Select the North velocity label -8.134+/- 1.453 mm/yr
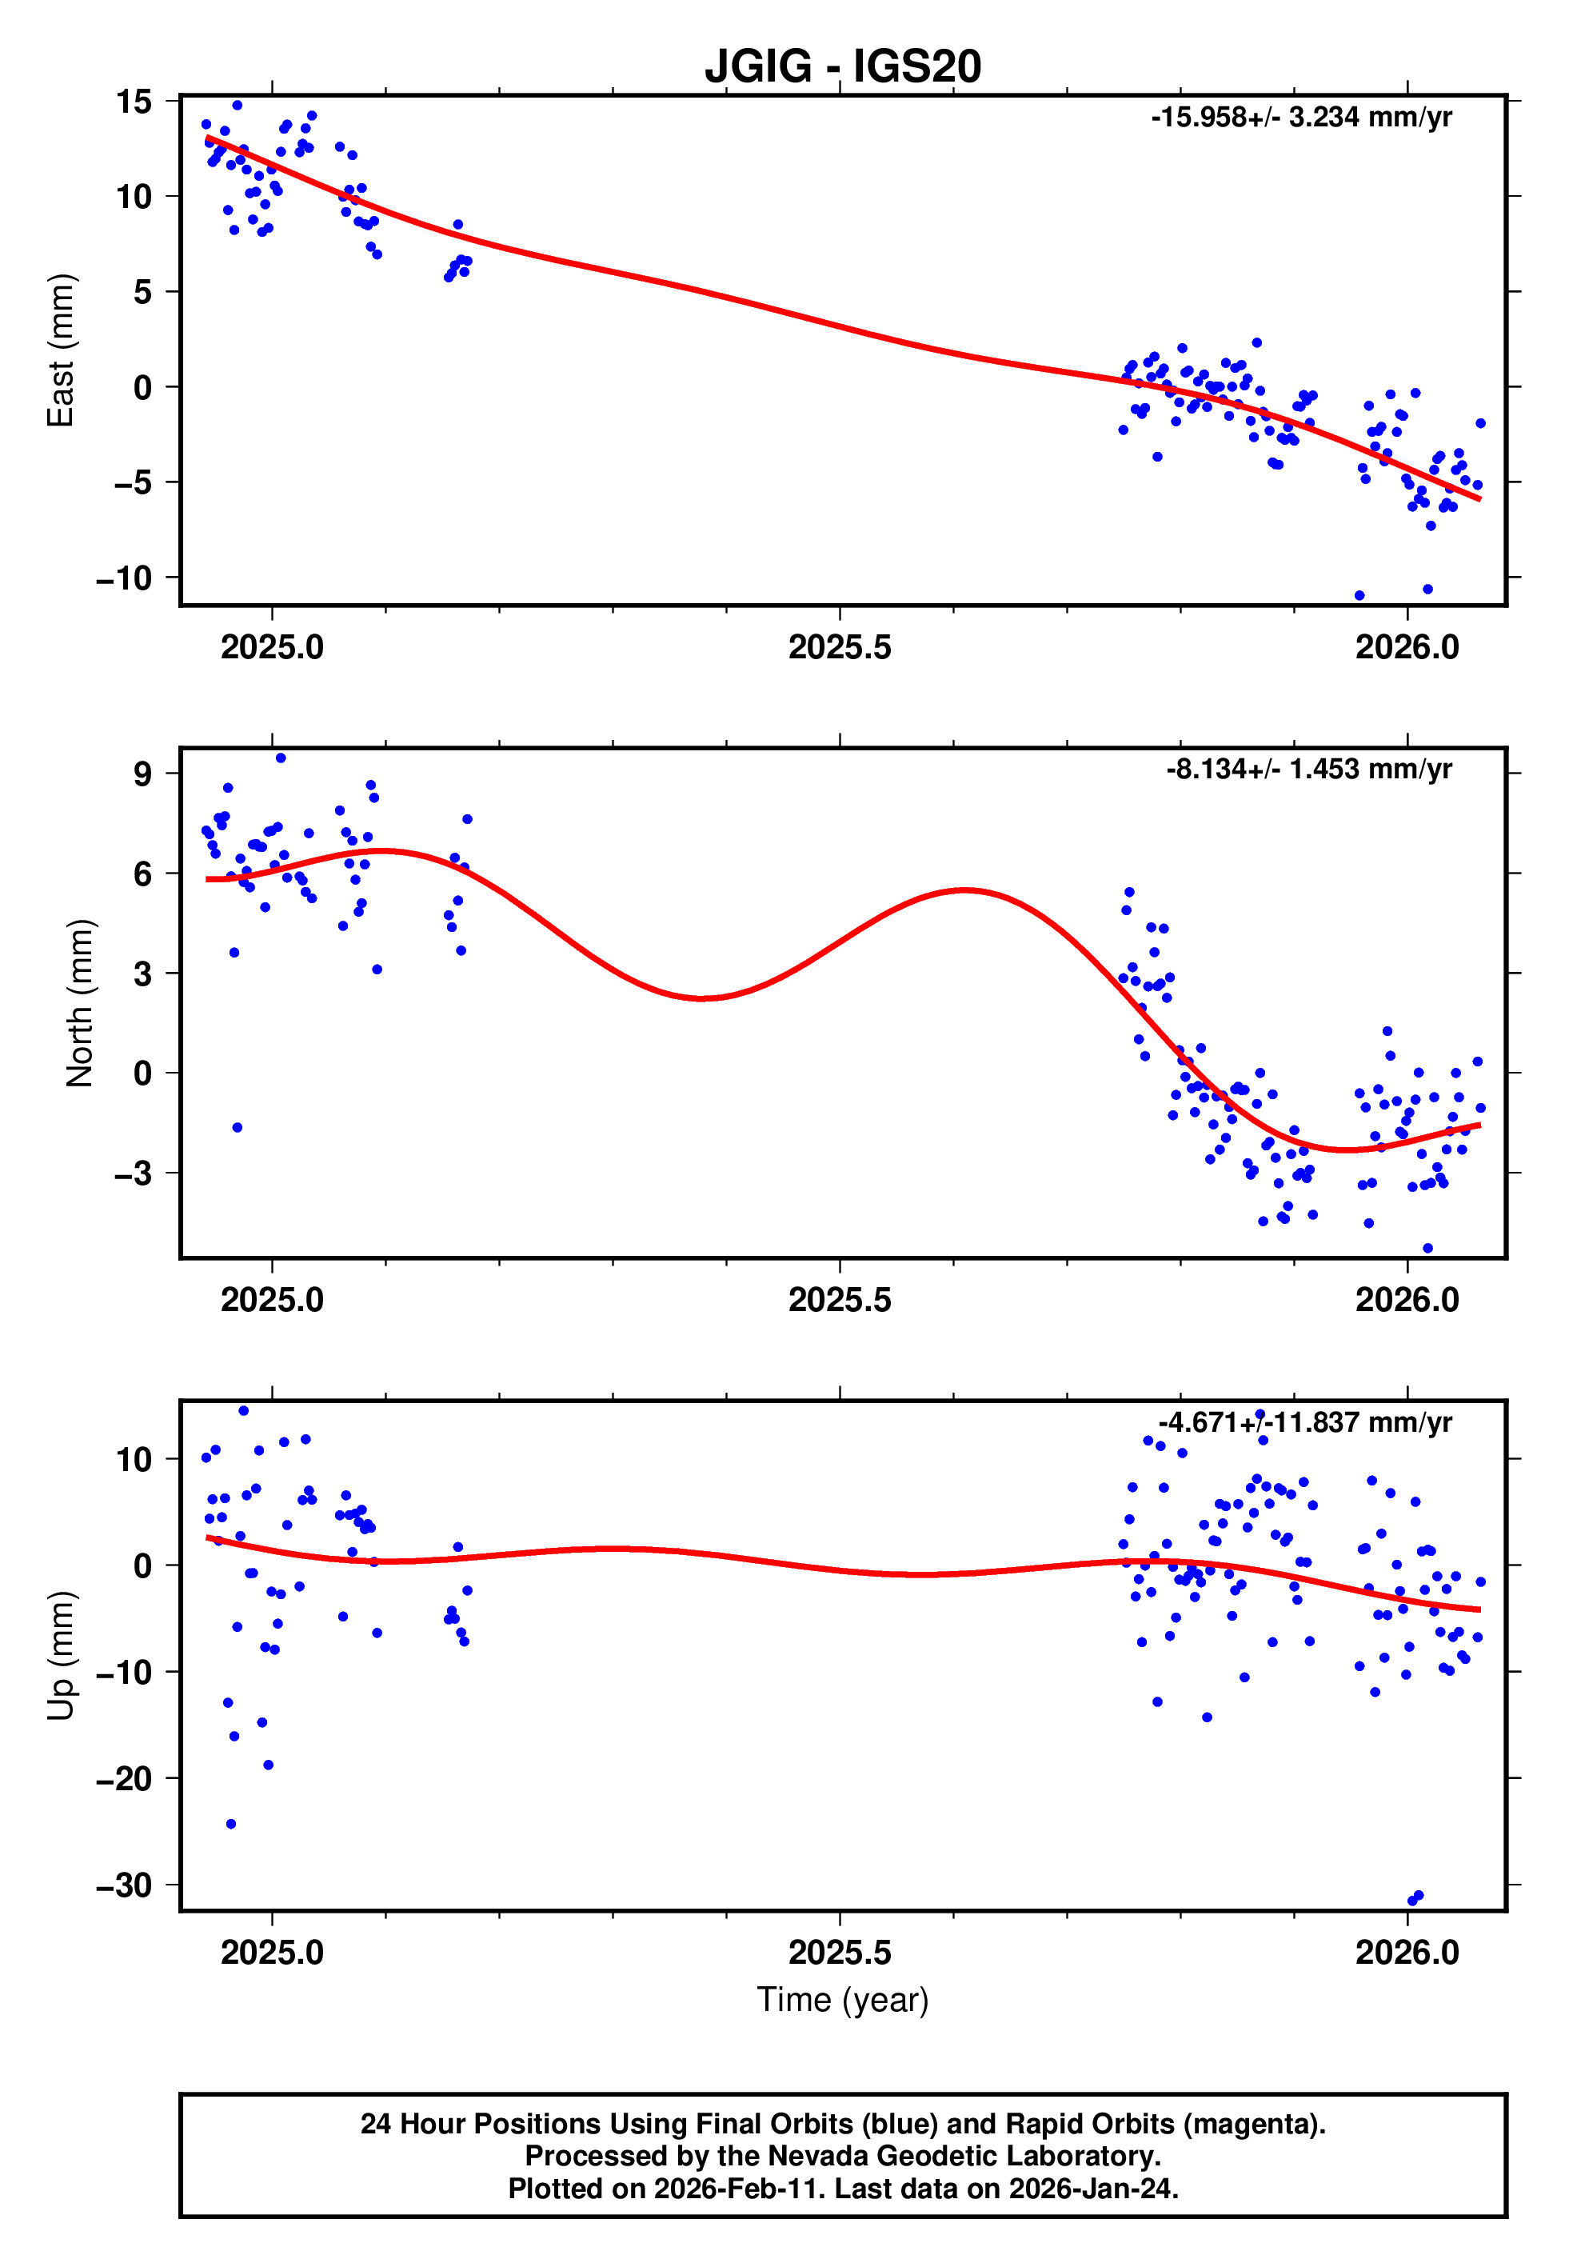[1308, 769]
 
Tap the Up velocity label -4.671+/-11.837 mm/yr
[1304, 1422]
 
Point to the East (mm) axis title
[61, 350]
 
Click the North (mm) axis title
[80, 1003]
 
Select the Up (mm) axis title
[61, 1654]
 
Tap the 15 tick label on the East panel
[134, 102]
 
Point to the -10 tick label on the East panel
[124, 578]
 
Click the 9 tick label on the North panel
[143, 774]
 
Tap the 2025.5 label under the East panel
[840, 647]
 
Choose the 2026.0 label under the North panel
[1407, 1300]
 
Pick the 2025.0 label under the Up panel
[273, 1953]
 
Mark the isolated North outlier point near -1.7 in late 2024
[237, 1128]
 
